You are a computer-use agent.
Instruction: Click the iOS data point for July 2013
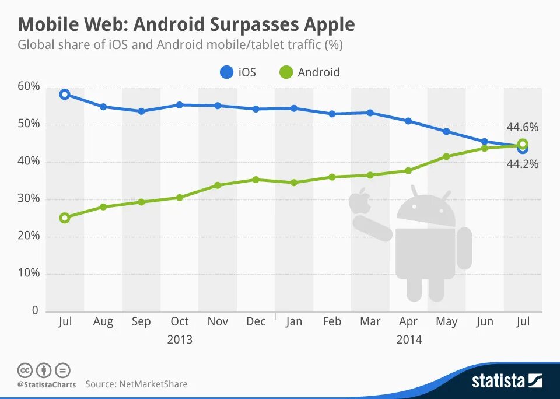pyautogui.click(x=65, y=94)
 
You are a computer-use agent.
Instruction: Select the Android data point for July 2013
pyautogui.click(x=65, y=218)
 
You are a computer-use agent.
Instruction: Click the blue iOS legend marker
pyautogui.click(x=226, y=72)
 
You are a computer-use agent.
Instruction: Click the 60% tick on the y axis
pyautogui.click(x=28, y=86)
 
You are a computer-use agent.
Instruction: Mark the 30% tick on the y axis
pyautogui.click(x=28, y=199)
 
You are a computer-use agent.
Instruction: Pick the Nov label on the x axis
pyautogui.click(x=218, y=321)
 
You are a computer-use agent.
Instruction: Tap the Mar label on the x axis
pyautogui.click(x=370, y=321)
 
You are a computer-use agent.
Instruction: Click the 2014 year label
pyautogui.click(x=408, y=339)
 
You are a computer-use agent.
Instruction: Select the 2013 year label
pyautogui.click(x=180, y=339)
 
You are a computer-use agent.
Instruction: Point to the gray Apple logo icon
pyautogui.click(x=360, y=201)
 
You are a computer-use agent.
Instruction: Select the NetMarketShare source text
pyautogui.click(x=153, y=384)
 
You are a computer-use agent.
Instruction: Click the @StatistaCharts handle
pyautogui.click(x=45, y=384)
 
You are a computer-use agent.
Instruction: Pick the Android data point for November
pyautogui.click(x=218, y=185)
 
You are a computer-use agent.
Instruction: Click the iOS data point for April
pyautogui.click(x=408, y=121)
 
